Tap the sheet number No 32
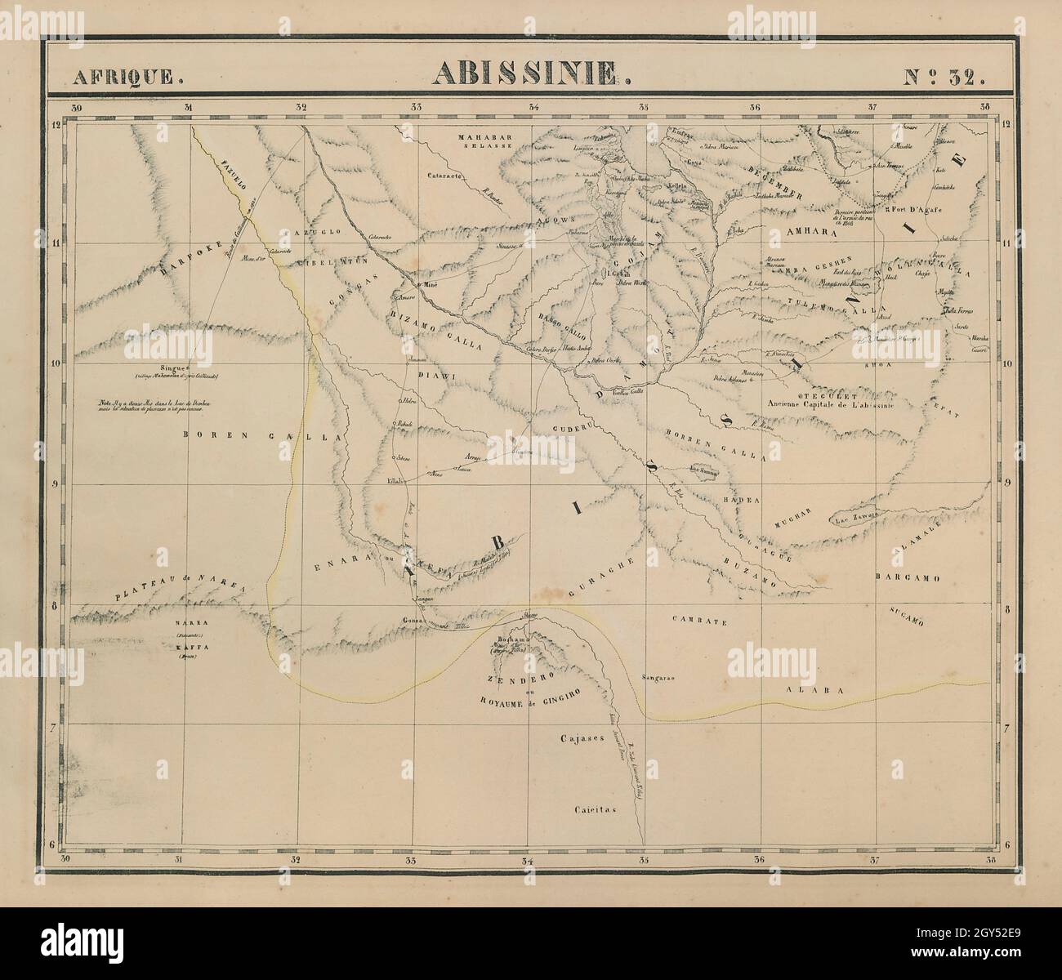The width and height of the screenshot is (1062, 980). [945, 77]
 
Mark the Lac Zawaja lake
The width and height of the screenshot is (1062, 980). [855, 517]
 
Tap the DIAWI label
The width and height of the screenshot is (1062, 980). [435, 376]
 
